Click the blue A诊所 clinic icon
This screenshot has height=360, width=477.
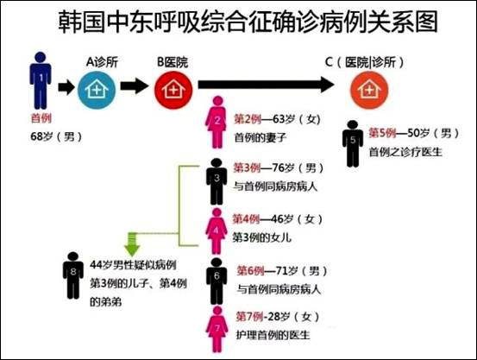[x=97, y=90]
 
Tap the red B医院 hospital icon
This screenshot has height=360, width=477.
[x=173, y=90]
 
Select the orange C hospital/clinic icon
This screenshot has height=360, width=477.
[x=369, y=90]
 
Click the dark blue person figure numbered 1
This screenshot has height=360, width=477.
[x=41, y=80]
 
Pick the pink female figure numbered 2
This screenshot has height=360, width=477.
[x=217, y=123]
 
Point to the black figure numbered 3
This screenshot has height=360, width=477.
[x=217, y=182]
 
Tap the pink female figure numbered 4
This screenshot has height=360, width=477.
[x=217, y=231]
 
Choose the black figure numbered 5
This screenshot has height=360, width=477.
[x=353, y=144]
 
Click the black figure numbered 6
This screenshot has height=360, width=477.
[x=217, y=281]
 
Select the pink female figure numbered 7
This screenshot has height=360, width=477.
[x=217, y=329]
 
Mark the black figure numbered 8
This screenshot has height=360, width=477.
[x=73, y=275]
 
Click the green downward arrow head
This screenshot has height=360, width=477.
[x=132, y=249]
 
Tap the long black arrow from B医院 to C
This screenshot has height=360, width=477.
[x=267, y=85]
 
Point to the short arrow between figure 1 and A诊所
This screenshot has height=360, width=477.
[x=66, y=87]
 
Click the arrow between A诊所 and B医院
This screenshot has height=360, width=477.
[x=135, y=85]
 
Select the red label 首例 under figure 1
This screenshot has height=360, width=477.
[x=41, y=118]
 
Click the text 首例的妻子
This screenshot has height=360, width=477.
[x=260, y=137]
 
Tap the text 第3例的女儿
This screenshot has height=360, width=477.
[x=262, y=237]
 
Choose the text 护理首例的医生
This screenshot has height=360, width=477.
[x=273, y=335]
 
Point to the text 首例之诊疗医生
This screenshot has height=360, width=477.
[x=405, y=152]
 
